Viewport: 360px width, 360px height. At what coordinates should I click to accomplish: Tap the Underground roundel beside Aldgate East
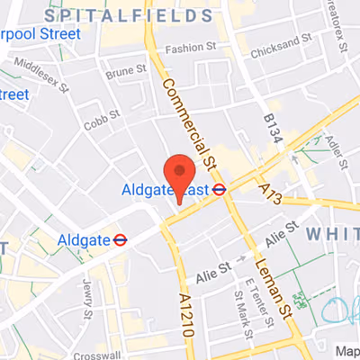[218, 189]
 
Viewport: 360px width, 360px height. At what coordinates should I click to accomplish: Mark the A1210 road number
[186, 310]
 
